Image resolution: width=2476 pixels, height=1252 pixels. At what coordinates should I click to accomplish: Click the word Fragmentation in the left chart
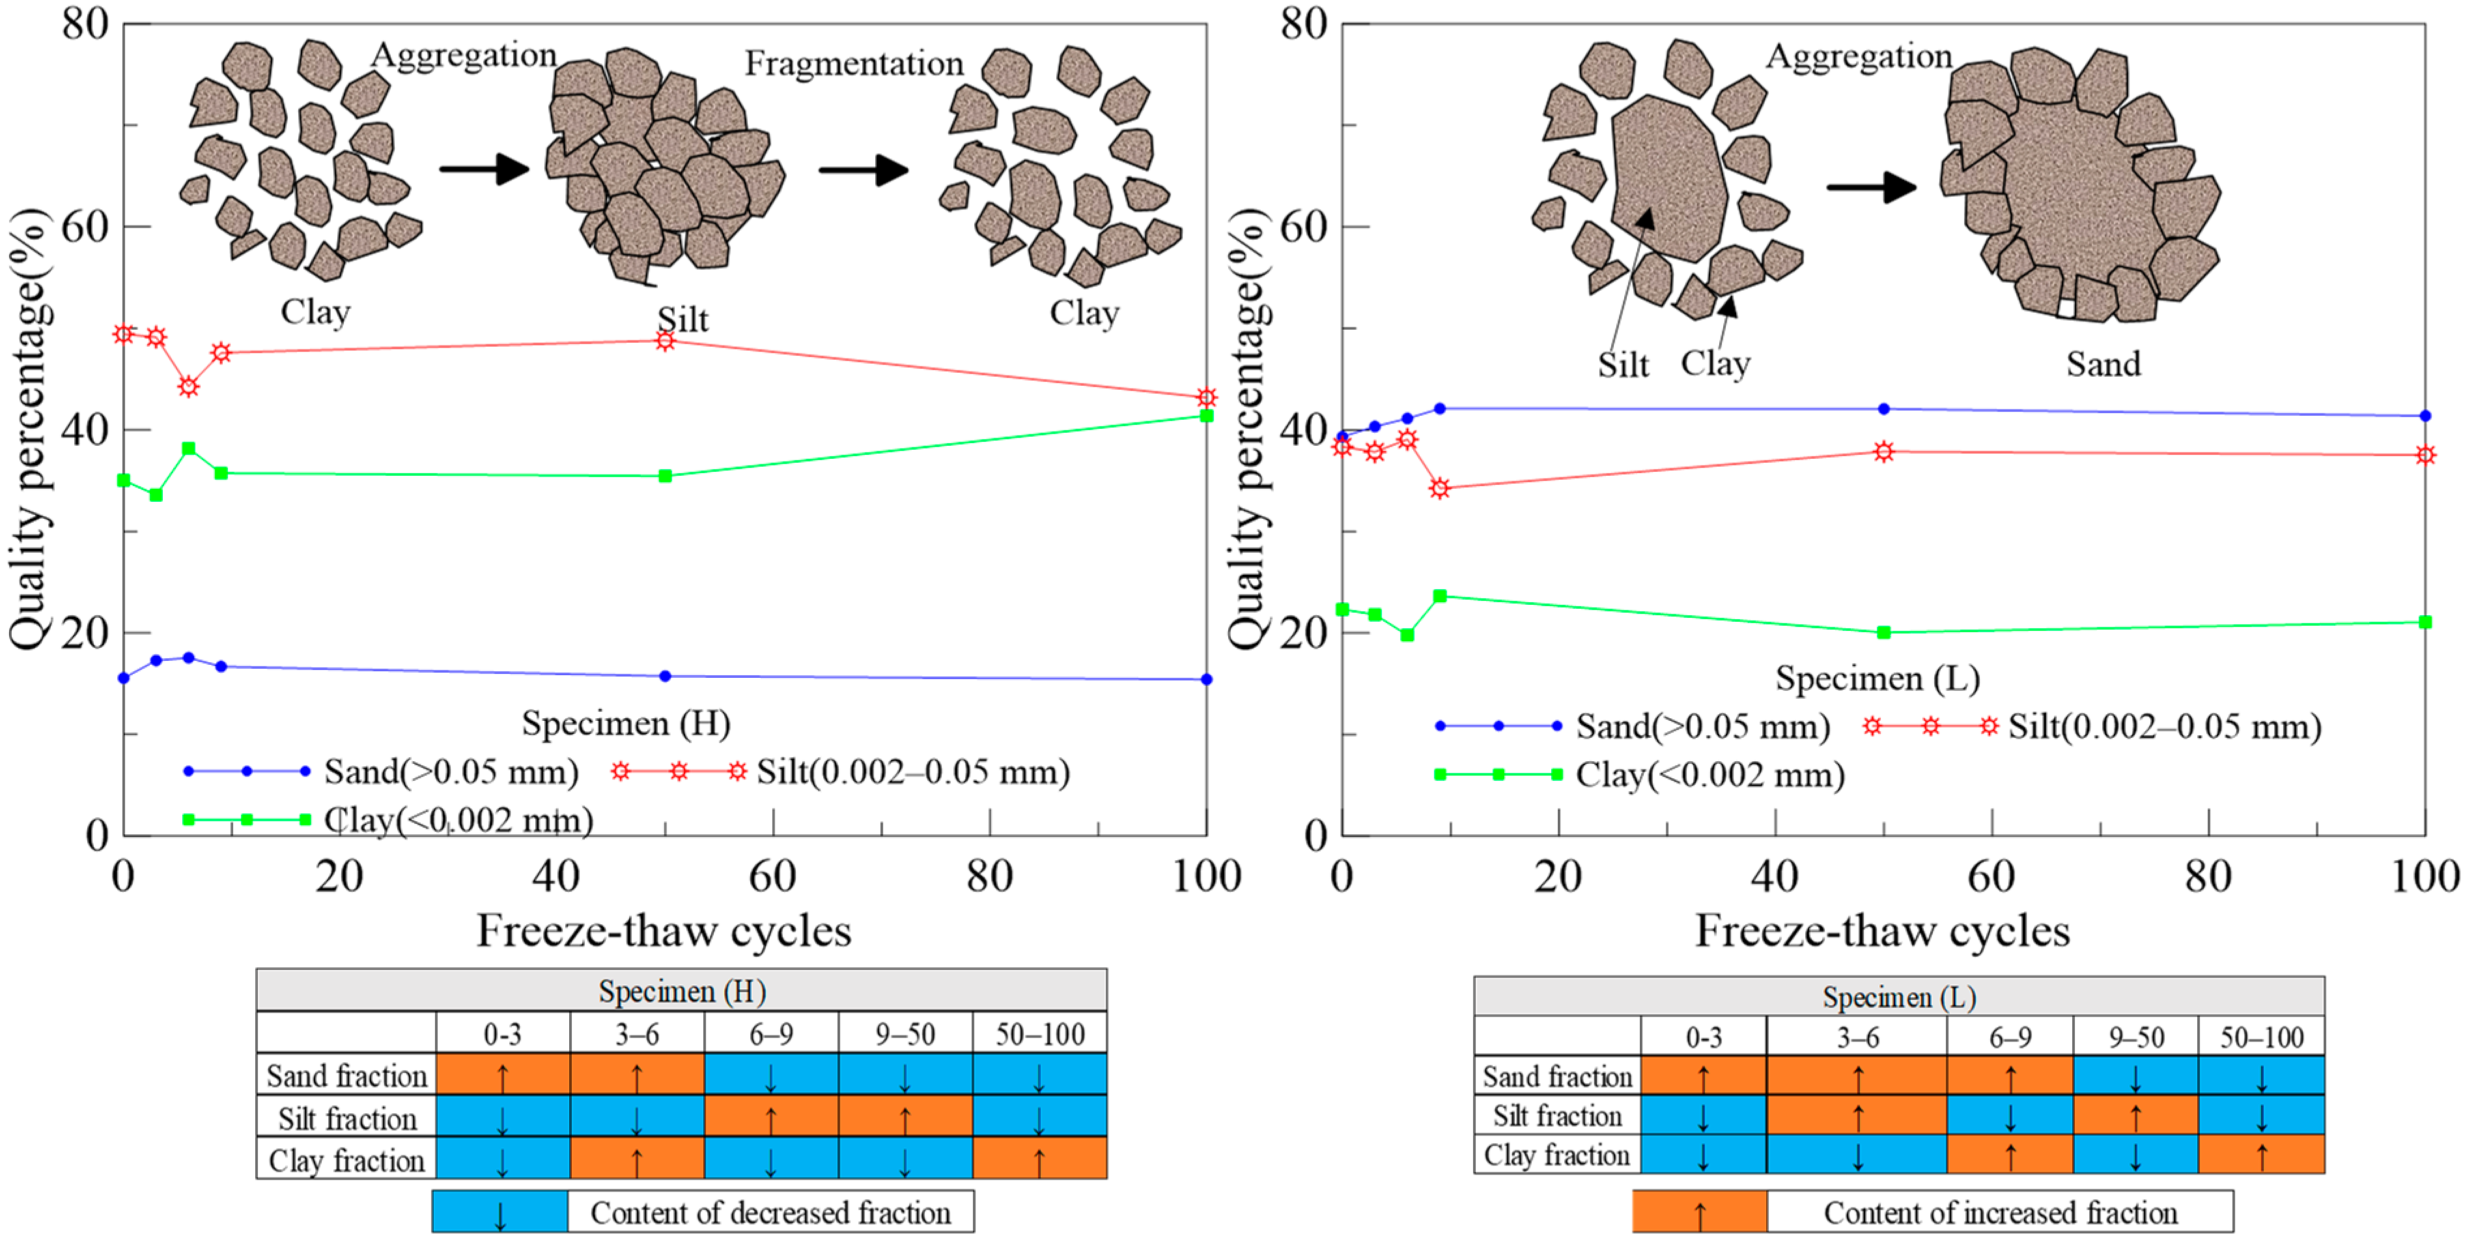pyautogui.click(x=854, y=63)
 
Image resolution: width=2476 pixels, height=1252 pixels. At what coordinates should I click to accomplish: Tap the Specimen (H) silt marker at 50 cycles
pyautogui.click(x=665, y=340)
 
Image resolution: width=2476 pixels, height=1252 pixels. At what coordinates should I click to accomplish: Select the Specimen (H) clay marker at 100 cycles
pyautogui.click(x=1206, y=415)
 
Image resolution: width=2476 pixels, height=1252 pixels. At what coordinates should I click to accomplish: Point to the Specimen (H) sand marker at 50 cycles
pyautogui.click(x=665, y=676)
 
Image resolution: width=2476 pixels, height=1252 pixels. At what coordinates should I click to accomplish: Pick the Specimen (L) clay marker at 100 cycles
pyautogui.click(x=2425, y=622)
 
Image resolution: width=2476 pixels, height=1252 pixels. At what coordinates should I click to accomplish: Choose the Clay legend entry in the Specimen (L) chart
pyautogui.click(x=1709, y=775)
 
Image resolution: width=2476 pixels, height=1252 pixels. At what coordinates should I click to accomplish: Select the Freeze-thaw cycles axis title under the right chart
pyautogui.click(x=1882, y=931)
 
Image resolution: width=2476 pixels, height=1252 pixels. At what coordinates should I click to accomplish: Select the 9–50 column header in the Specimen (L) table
pyautogui.click(x=2136, y=1037)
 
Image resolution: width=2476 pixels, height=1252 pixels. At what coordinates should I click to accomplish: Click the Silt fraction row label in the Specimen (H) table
pyautogui.click(x=347, y=1118)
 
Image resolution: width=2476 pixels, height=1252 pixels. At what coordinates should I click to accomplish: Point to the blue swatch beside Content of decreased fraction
pyautogui.click(x=499, y=1212)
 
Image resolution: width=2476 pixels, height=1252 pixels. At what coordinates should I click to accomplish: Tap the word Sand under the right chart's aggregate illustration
pyautogui.click(x=2103, y=364)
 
